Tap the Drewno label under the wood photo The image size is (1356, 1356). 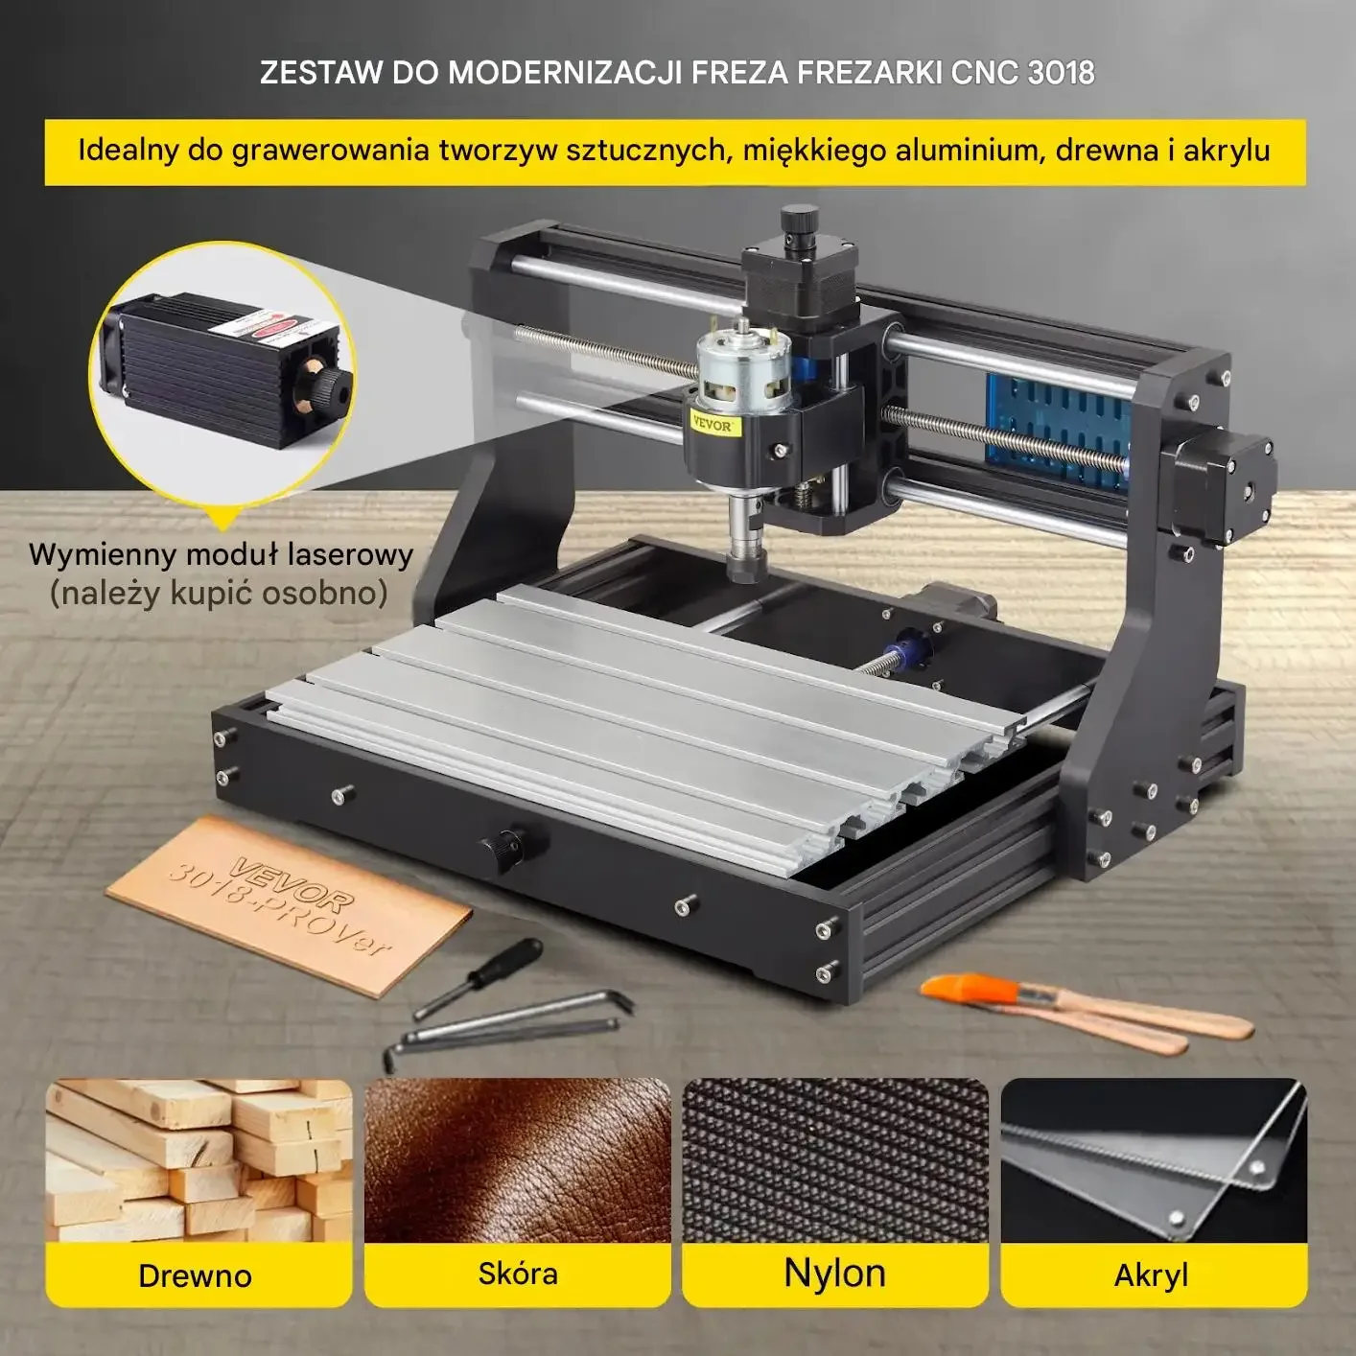click(195, 1275)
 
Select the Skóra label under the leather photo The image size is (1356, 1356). click(518, 1274)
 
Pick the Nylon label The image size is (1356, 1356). click(835, 1273)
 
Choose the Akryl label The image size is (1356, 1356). click(1151, 1275)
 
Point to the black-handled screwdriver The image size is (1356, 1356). click(478, 977)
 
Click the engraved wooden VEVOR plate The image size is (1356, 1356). click(289, 905)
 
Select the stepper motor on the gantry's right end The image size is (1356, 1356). click(1216, 485)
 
